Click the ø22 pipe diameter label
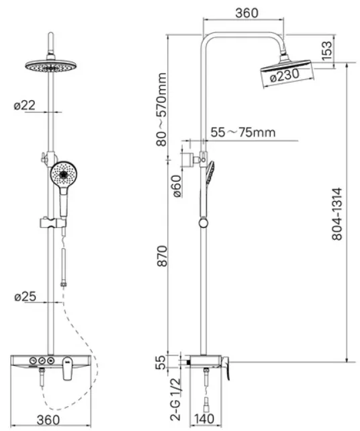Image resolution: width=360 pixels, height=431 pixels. [x=25, y=105]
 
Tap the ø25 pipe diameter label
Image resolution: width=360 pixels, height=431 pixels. [x=26, y=297]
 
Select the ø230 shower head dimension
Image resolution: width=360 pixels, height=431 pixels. [x=284, y=75]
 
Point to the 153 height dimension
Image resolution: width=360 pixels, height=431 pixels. [x=327, y=51]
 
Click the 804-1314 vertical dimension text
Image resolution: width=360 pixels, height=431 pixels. [x=337, y=214]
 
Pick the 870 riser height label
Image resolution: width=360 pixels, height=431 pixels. [x=162, y=256]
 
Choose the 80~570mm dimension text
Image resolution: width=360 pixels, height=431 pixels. [x=161, y=110]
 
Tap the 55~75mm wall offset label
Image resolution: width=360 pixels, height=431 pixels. [x=243, y=132]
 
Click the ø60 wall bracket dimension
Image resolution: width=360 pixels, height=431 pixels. [x=177, y=186]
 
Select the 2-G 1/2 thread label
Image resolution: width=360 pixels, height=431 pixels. [x=175, y=399]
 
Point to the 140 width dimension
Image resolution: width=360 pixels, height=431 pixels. [x=204, y=419]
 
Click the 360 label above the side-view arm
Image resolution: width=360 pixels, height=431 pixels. [x=247, y=13]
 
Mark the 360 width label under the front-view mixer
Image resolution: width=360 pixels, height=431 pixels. [x=48, y=420]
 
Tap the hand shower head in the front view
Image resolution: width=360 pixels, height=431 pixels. [x=64, y=174]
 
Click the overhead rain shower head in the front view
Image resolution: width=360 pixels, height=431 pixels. [x=51, y=67]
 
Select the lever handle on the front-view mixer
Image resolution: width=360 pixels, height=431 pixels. [x=67, y=368]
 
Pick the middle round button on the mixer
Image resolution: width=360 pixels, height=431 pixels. [x=42, y=360]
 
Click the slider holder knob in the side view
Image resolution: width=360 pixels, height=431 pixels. [x=204, y=223]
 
